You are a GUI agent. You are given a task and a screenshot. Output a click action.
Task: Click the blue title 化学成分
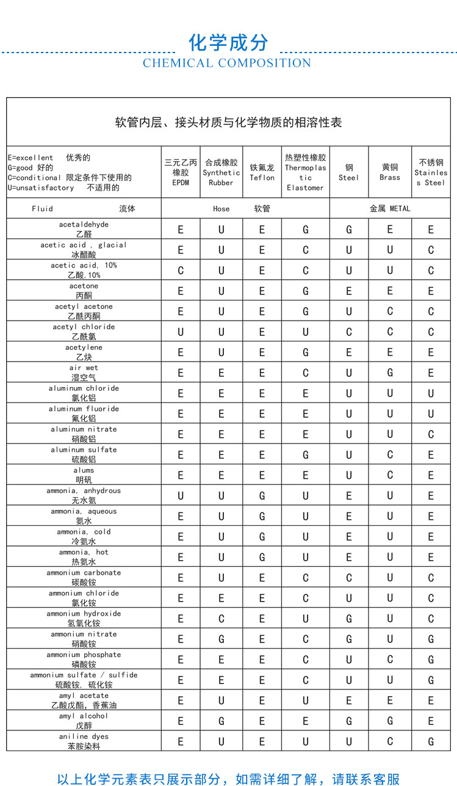tap(228, 43)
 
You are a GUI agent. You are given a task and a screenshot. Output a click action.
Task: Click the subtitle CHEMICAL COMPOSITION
tap(227, 63)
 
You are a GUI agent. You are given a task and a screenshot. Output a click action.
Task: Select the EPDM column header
tap(181, 172)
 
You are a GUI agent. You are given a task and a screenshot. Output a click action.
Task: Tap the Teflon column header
tap(262, 172)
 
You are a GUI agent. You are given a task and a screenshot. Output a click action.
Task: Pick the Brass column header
tap(390, 172)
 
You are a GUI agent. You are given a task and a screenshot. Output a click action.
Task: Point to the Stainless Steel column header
tap(431, 172)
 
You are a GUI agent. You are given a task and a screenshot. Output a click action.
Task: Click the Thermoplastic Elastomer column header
tap(305, 172)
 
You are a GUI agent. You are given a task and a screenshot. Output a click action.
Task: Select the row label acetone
tap(84, 291)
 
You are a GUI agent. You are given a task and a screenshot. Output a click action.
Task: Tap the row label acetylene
tap(84, 352)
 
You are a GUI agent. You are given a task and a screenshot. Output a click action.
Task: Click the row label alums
tap(84, 475)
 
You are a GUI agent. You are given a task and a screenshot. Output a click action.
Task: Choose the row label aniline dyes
tap(84, 741)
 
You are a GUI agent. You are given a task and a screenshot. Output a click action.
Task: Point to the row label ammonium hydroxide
tap(84, 618)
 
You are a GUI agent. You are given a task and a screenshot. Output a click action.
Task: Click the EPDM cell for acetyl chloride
tap(181, 332)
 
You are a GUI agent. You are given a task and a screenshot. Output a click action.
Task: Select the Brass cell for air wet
tap(390, 373)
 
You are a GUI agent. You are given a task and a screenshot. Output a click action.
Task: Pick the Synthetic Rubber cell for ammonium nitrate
tap(221, 639)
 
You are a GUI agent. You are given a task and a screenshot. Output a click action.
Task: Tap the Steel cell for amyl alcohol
tap(349, 721)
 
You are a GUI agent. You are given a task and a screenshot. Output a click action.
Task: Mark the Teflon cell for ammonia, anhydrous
tap(262, 496)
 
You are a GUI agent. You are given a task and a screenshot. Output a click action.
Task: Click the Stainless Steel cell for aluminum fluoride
tap(431, 414)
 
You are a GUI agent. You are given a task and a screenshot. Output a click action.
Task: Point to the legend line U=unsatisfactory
tap(64, 187)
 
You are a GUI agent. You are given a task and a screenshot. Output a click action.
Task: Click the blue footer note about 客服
tap(228, 779)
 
